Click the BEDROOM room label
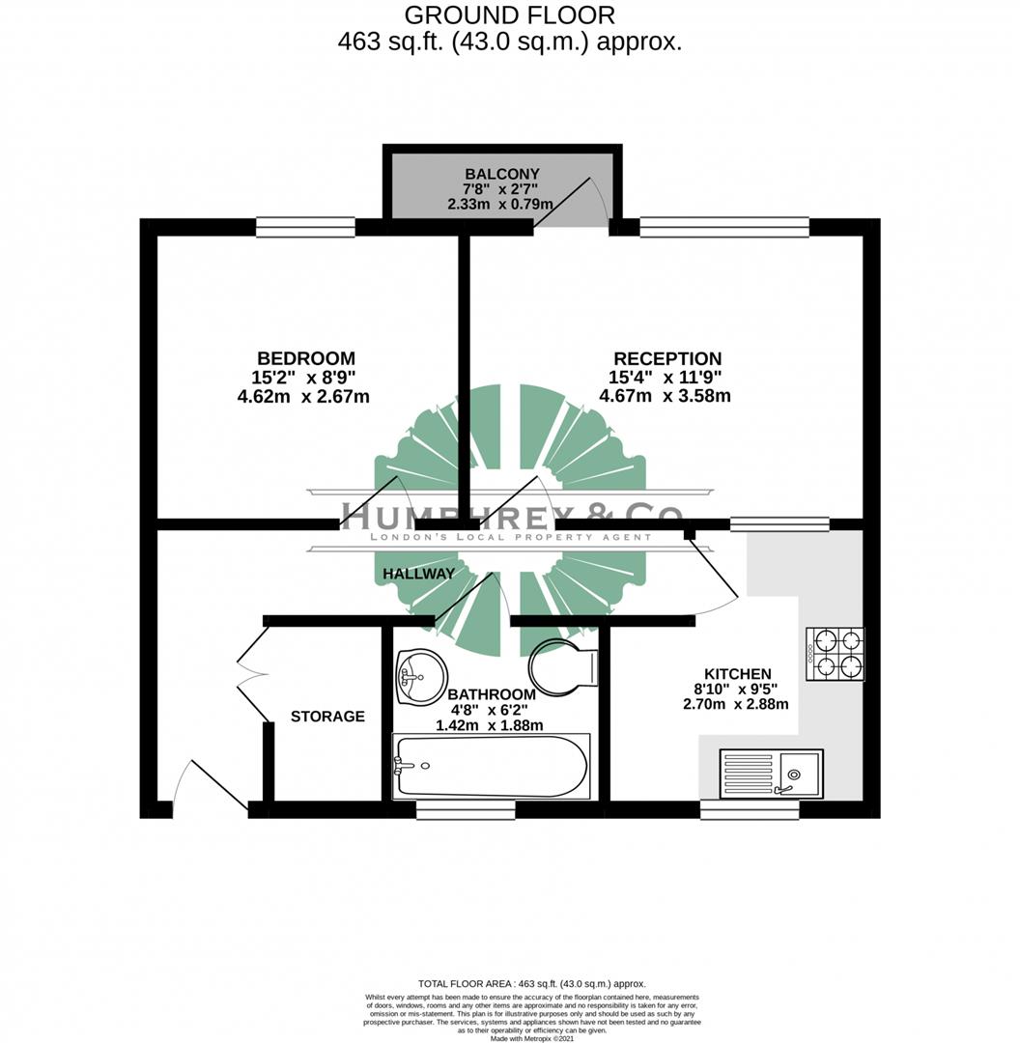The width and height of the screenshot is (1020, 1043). click(x=305, y=358)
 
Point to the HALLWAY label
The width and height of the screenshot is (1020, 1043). click(x=418, y=574)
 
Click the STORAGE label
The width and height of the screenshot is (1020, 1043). click(x=327, y=717)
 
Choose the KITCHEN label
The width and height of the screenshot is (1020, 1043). click(x=737, y=674)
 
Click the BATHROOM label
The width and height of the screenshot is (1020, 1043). click(x=491, y=694)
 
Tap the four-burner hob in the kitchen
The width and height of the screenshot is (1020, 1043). click(x=836, y=654)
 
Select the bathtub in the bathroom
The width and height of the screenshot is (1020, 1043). click(x=490, y=765)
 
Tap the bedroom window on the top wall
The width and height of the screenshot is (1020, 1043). click(x=305, y=228)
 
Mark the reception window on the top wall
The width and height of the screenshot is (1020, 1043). click(x=724, y=228)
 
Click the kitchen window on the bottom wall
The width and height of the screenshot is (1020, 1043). click(x=750, y=809)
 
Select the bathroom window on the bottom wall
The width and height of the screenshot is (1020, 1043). click(x=465, y=809)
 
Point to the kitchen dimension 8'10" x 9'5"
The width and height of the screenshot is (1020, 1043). click(x=737, y=690)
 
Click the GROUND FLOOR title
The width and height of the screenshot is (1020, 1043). click(x=509, y=15)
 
